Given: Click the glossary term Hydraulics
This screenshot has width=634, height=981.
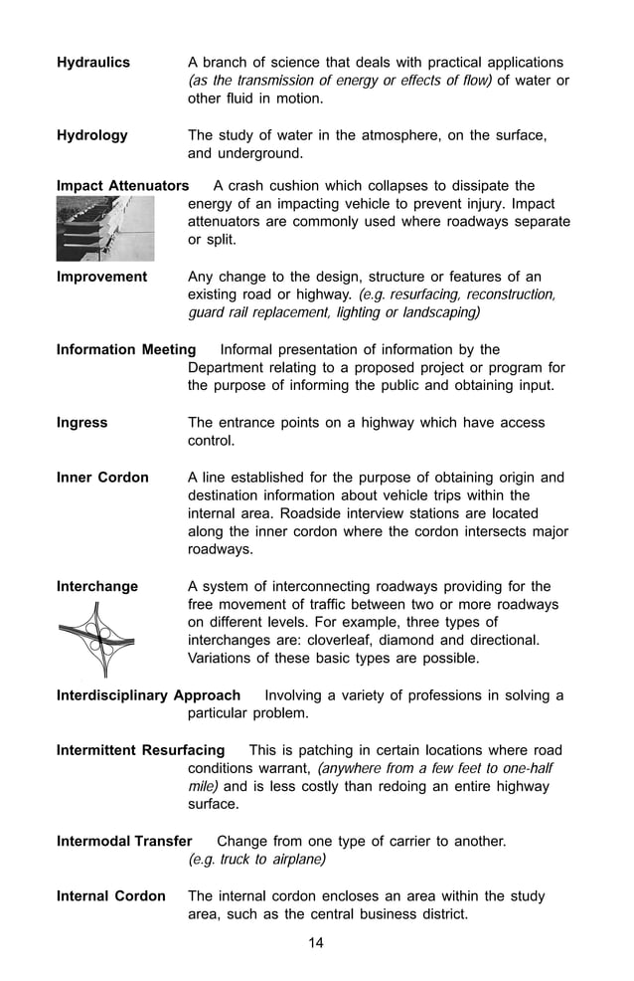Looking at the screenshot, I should [x=92, y=62].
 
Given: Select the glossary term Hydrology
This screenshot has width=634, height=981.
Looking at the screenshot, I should [x=91, y=135].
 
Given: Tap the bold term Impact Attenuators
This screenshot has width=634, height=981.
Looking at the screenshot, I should [x=122, y=186].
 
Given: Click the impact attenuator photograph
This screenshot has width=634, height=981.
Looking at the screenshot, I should [x=105, y=228].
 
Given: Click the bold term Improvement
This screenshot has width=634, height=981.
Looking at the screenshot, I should [x=101, y=277].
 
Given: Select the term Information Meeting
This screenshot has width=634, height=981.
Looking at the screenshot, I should [x=126, y=349].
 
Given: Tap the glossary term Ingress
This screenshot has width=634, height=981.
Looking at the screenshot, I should [x=81, y=423].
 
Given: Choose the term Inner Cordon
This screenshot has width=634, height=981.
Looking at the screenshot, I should [x=102, y=478].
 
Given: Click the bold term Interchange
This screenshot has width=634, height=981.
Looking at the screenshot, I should [x=97, y=586].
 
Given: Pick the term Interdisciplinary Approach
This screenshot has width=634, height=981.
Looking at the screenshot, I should [x=148, y=695].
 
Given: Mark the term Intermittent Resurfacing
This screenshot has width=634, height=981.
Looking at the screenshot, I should [x=140, y=750].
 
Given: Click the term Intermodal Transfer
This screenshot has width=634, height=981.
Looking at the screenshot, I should [x=124, y=842].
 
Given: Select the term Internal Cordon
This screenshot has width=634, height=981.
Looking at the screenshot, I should [x=110, y=896].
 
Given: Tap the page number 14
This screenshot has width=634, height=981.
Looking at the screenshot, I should [x=316, y=943].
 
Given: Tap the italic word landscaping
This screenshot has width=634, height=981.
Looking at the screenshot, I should [x=433, y=313].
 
